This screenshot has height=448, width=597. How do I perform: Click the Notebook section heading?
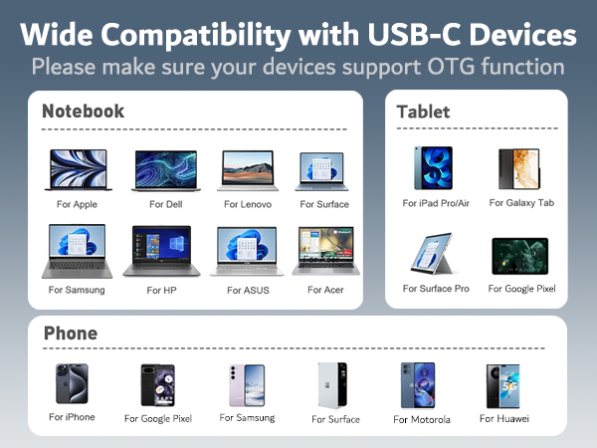click(x=84, y=112)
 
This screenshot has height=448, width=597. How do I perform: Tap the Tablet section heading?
click(x=423, y=112)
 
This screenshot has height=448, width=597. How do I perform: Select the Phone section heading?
click(x=70, y=334)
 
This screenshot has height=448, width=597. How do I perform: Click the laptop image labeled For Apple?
click(x=77, y=170)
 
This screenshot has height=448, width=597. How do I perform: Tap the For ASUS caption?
click(x=248, y=290)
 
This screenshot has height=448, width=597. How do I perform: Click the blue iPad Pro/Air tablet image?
click(x=433, y=168)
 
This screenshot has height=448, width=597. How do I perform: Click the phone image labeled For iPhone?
click(x=72, y=384)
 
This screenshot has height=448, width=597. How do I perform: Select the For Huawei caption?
click(x=504, y=418)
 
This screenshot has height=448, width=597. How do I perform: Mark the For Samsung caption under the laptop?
click(x=77, y=290)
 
